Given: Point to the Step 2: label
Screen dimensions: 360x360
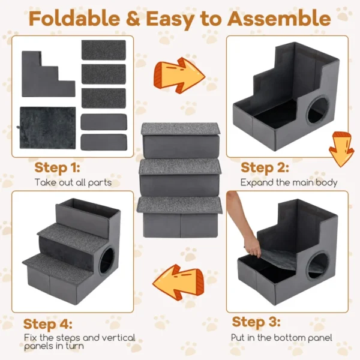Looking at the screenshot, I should pyautogui.click(x=265, y=167).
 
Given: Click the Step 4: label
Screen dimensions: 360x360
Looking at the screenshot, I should pyautogui.click(x=56, y=324).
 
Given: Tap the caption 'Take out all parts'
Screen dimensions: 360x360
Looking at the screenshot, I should pyautogui.click(x=73, y=182).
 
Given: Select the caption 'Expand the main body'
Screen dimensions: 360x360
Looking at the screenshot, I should pyautogui.click(x=289, y=182).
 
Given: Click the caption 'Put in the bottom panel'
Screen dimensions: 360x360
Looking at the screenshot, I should pyautogui.click(x=282, y=338).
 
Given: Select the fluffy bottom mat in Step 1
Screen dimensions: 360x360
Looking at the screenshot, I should pyautogui.click(x=47, y=128).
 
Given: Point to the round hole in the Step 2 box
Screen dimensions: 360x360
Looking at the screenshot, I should pyautogui.click(x=316, y=113).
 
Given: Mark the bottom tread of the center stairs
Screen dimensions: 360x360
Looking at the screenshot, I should pyautogui.click(x=179, y=204).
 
